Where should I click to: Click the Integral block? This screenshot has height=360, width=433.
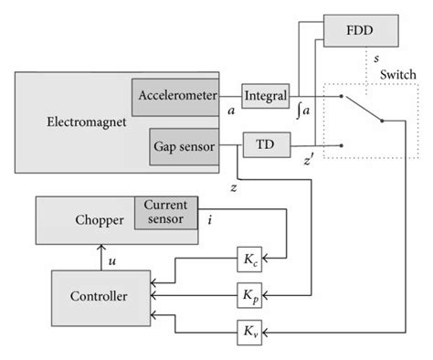[x=265, y=94]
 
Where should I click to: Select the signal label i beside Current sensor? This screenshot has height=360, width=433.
[x=211, y=219]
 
